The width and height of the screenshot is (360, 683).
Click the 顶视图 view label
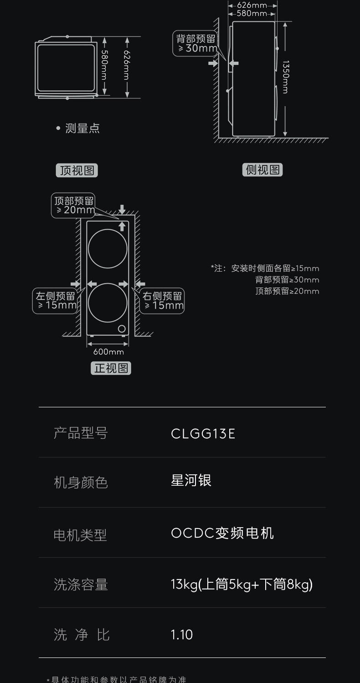(x=77, y=170)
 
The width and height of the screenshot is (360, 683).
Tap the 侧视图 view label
(x=262, y=170)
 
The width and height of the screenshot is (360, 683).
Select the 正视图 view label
(x=111, y=368)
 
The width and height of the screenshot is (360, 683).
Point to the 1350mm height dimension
(x=285, y=77)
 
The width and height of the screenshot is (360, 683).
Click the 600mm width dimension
(x=108, y=352)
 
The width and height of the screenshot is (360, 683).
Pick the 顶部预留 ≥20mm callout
(x=74, y=205)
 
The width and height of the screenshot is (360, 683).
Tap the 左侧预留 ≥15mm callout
(x=56, y=301)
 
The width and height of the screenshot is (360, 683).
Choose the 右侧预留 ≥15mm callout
(x=163, y=301)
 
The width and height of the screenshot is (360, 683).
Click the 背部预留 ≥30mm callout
(x=196, y=44)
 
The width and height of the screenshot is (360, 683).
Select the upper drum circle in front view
(x=108, y=248)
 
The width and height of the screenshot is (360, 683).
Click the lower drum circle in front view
(x=108, y=303)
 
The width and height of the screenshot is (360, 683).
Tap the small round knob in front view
(x=122, y=329)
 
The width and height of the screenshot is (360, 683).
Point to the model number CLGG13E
(x=203, y=434)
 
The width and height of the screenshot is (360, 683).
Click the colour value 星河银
(x=191, y=481)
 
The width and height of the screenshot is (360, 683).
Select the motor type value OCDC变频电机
(x=222, y=533)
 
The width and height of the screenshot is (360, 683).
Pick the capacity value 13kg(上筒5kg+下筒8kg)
(x=242, y=584)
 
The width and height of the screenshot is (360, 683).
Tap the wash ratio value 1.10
(x=182, y=635)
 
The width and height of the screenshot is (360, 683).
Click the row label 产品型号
(x=81, y=433)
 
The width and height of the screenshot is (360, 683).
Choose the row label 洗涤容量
(x=81, y=585)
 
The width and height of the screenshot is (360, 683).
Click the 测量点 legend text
(x=82, y=128)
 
